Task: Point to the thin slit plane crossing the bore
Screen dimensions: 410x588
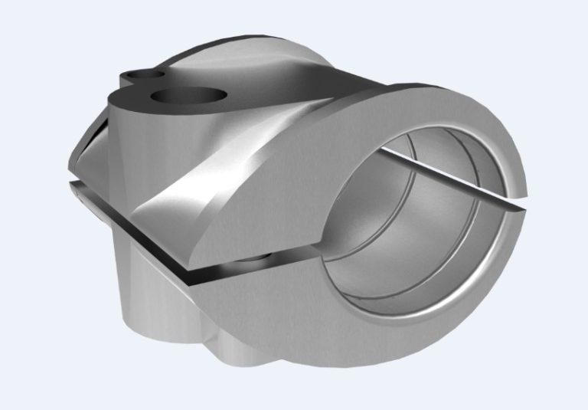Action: tap(429, 172)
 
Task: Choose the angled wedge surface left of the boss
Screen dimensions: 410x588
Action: tap(88, 153)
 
